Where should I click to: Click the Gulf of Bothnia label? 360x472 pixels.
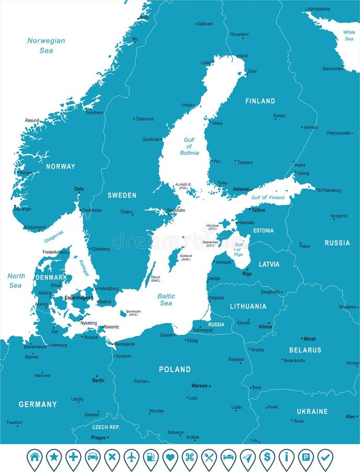pyautogui.click(x=189, y=146)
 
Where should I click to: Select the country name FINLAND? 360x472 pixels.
pyautogui.click(x=260, y=101)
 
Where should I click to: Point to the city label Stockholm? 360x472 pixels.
pyautogui.click(x=176, y=210)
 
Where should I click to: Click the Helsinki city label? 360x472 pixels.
pyautogui.click(x=241, y=189)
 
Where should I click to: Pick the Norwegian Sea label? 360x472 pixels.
pyautogui.click(x=46, y=46)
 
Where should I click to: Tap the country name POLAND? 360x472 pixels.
pyautogui.click(x=175, y=369)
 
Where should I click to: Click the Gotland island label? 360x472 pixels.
pyautogui.click(x=186, y=258)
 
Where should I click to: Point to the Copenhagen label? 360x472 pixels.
pyautogui.click(x=78, y=297)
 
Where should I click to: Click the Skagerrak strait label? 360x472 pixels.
pyautogui.click(x=54, y=237)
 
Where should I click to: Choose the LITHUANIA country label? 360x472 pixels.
pyautogui.click(x=248, y=306)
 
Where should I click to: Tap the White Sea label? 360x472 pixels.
pyautogui.click(x=348, y=35)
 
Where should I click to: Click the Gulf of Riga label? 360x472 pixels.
pyautogui.click(x=238, y=250)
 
